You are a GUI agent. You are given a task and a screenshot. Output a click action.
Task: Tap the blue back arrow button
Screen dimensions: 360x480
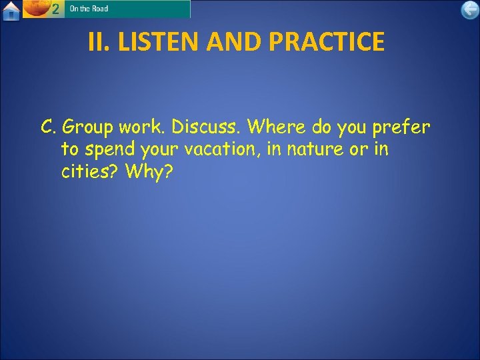click(470, 9)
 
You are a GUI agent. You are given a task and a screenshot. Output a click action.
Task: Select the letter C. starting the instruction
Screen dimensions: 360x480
click(49, 127)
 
